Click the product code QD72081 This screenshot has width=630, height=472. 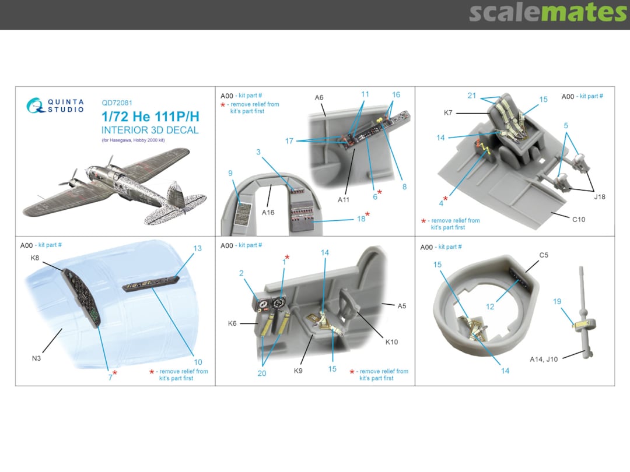(117, 103)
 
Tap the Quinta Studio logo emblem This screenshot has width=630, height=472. (34, 105)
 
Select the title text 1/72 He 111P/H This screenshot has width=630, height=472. (150, 117)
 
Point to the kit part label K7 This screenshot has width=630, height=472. (448, 113)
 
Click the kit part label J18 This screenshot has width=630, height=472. (600, 197)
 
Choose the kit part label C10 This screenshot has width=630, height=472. (579, 220)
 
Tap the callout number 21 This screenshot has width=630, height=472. (472, 96)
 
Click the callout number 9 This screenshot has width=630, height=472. (230, 173)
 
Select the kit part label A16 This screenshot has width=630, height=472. (268, 212)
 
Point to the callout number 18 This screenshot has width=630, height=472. (361, 219)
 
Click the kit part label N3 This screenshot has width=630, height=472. (36, 358)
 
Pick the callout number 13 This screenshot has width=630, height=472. (197, 248)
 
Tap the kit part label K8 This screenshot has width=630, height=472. (35, 258)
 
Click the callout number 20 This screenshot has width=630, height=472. (262, 374)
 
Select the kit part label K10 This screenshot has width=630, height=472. (391, 342)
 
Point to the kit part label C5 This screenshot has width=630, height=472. (544, 255)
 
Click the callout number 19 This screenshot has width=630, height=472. (557, 301)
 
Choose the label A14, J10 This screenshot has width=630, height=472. (544, 359)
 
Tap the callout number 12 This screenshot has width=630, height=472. (490, 307)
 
